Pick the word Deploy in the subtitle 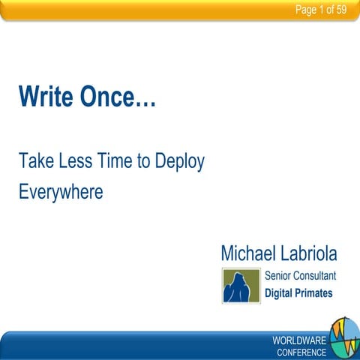(x=179, y=162)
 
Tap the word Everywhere (x=60, y=192)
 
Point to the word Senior (x=280, y=275)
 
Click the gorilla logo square (x=241, y=285)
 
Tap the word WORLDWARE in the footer (x=299, y=340)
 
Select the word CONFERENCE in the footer (x=301, y=352)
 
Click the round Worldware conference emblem (x=344, y=337)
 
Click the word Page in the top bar (x=306, y=10)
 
